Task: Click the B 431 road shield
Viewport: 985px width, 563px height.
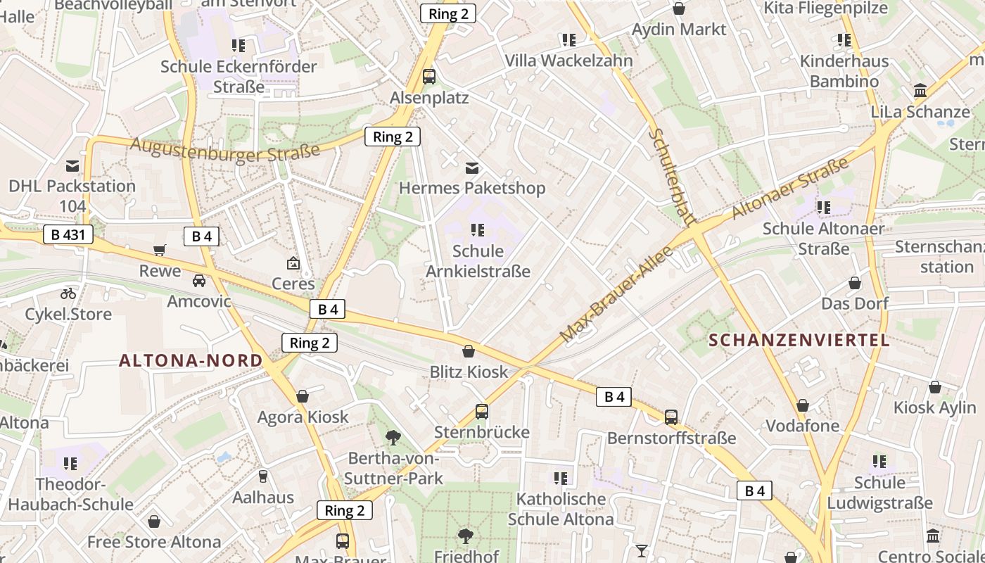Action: (68, 234)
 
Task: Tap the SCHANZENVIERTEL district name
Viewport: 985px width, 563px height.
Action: (799, 341)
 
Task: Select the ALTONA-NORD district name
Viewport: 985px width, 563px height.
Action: (191, 361)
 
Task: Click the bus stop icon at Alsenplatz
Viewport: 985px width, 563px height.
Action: (428, 77)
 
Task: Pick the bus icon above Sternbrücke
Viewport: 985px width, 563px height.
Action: (481, 412)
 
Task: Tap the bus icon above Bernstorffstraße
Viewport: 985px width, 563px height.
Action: (671, 417)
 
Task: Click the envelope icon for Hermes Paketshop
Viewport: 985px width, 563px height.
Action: (472, 168)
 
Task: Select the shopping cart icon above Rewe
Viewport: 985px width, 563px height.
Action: (160, 251)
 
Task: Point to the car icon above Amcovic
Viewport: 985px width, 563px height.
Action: (199, 281)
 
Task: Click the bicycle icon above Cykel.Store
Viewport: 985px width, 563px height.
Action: (68, 293)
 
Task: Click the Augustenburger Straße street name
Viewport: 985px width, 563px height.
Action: (224, 151)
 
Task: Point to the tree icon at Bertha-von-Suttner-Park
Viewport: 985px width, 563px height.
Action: (393, 438)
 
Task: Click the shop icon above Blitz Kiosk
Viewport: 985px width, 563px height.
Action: (469, 351)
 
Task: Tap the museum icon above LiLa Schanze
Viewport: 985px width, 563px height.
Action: (920, 91)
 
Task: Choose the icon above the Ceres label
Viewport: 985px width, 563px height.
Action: (293, 264)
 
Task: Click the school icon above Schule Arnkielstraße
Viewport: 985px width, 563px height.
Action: (478, 230)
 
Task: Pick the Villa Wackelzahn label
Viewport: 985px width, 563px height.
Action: (568, 61)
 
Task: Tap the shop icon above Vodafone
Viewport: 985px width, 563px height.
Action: (802, 406)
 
